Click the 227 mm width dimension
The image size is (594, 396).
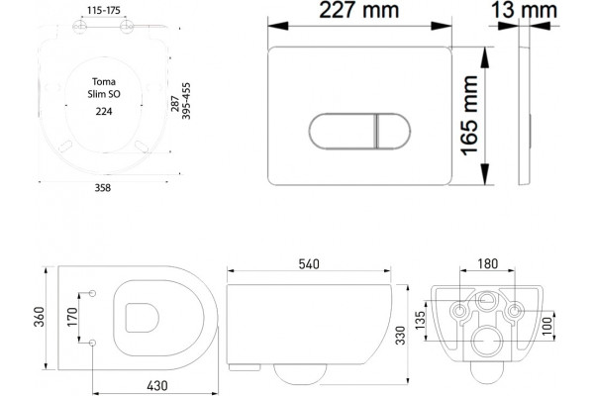[x=358, y=10]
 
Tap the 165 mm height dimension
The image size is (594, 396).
[x=469, y=115]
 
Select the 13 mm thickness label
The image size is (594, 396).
[x=525, y=10]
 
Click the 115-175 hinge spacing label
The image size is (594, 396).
[x=103, y=10]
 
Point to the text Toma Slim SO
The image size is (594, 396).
[x=104, y=88]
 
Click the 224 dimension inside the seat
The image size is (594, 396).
[x=104, y=112]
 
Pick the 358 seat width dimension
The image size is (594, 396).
[x=103, y=187]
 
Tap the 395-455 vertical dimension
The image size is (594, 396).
[x=186, y=101]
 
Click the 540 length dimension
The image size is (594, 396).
[x=309, y=264]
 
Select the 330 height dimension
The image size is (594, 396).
[x=400, y=336]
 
